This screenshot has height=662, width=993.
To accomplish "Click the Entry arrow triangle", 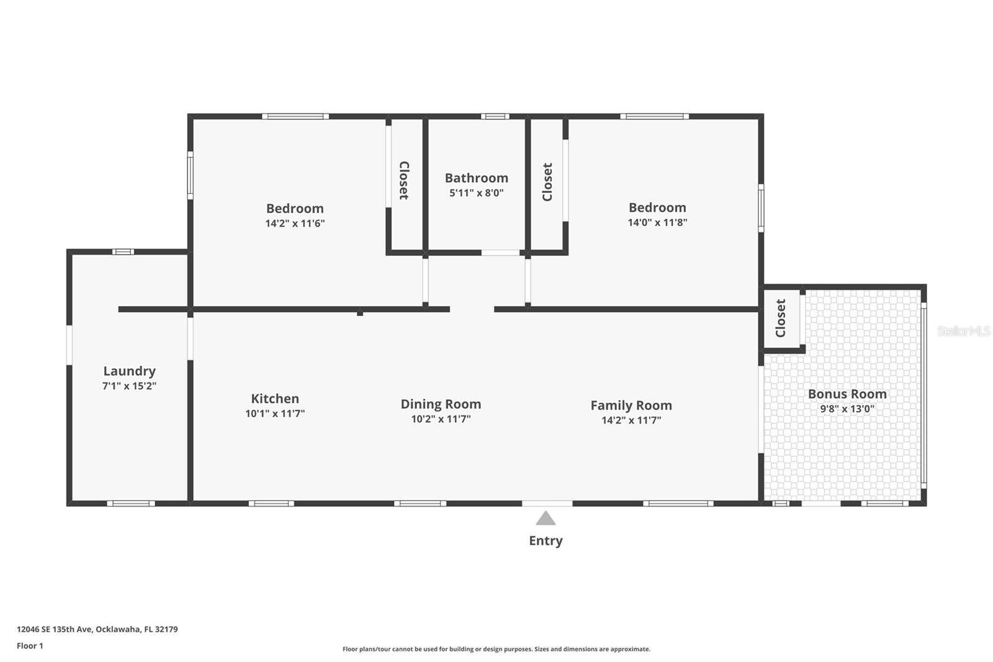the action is coord(546,519).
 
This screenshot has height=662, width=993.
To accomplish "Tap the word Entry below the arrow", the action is coord(546,540).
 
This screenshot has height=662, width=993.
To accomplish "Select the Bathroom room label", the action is coord(477,178).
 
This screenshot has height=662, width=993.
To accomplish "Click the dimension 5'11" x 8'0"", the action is coord(477,193).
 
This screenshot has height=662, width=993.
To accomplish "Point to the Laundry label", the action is coord(130,371).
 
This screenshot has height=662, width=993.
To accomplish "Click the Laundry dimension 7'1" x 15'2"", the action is coord(130,386).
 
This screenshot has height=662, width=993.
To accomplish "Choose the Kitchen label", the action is coord(275,399).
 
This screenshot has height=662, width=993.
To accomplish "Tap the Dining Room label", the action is coord(441,404).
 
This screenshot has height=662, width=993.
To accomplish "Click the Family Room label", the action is coord(631,406).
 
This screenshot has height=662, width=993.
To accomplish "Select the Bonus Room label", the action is coord(847,394).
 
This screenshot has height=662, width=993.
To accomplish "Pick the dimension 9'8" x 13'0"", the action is coord(847,409).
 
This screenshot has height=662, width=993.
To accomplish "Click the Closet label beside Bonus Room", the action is coord(781,318).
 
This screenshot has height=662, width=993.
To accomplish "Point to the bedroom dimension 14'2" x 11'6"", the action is coord(295,223).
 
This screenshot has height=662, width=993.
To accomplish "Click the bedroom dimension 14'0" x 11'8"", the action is coord(657,222).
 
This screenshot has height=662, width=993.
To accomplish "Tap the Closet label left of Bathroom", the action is coord(404,180).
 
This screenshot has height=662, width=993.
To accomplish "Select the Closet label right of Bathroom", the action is coord(547,182).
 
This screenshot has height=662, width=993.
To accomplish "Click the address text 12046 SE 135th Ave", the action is coord(55,629).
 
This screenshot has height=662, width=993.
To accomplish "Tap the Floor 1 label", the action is coord(30,646).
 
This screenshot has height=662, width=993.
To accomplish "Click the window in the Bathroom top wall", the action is coord(495,116).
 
